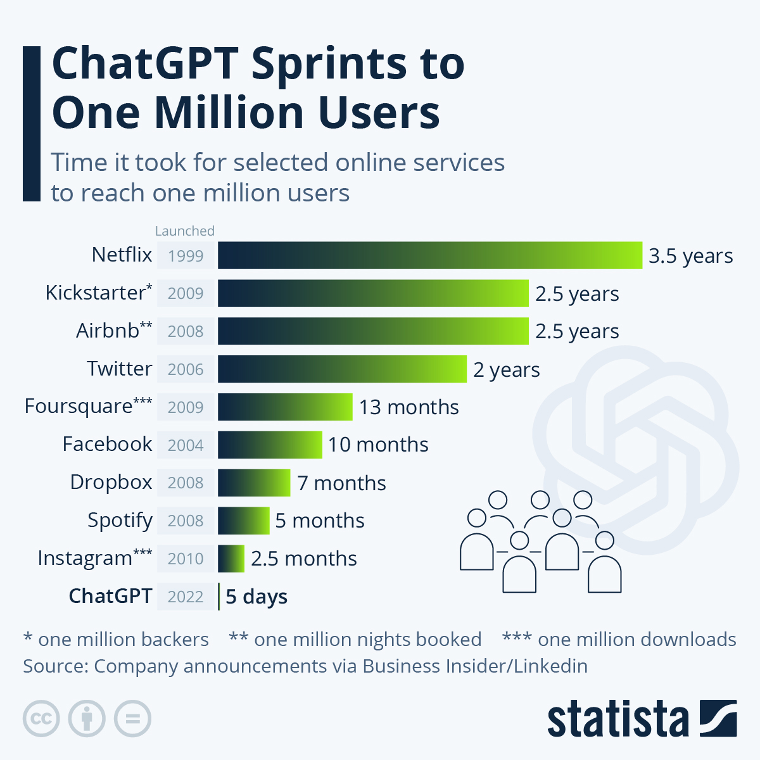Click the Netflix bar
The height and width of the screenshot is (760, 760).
[430, 255]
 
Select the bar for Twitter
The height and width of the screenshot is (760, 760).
[342, 369]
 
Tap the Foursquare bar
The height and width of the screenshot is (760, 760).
[285, 407]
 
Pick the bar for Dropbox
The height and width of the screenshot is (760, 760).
[254, 483]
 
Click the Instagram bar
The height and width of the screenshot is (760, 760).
[231, 559]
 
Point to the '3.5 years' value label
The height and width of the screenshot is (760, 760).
[690, 256]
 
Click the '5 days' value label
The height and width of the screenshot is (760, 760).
[256, 597]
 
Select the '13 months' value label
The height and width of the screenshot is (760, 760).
[408, 407]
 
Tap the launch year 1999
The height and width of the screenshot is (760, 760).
[186, 256]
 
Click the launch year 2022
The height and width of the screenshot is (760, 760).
[186, 597]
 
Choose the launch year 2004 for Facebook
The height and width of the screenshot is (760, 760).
[186, 445]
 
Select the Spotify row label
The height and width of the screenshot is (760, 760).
[120, 521]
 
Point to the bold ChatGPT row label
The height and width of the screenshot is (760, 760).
[110, 596]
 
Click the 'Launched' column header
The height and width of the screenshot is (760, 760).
[185, 231]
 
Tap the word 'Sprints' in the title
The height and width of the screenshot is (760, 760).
[329, 63]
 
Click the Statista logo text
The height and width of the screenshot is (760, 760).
[617, 719]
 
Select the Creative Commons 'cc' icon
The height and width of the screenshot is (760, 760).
[41, 719]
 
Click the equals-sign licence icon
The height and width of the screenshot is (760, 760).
[133, 719]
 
